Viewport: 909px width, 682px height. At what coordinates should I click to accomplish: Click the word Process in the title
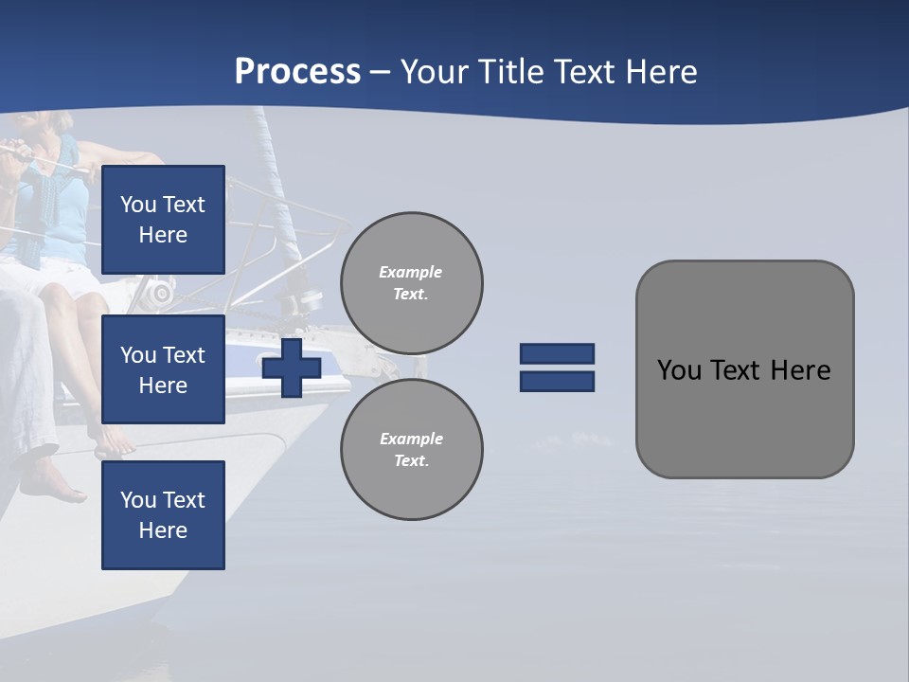(297, 72)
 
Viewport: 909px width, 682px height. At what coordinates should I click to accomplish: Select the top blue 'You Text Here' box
(163, 220)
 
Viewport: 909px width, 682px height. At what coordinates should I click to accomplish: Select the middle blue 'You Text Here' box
(163, 369)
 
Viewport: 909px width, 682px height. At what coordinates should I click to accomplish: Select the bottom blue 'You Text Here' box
(163, 514)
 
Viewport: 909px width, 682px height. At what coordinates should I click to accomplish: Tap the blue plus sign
(292, 368)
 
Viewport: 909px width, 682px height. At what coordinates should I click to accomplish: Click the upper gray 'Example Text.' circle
(412, 282)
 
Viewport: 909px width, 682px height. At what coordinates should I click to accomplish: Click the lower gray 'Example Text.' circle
(412, 449)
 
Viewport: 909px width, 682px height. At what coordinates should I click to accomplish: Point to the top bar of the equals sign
(558, 353)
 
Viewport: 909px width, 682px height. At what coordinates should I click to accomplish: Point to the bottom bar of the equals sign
(558, 381)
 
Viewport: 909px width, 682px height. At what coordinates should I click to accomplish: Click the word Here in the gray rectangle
(800, 369)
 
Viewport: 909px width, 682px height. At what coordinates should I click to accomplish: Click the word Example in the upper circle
(410, 272)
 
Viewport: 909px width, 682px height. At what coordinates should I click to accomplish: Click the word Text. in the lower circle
(411, 460)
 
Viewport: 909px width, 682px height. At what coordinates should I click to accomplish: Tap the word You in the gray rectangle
(678, 369)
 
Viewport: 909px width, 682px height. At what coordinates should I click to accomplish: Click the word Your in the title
(433, 72)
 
